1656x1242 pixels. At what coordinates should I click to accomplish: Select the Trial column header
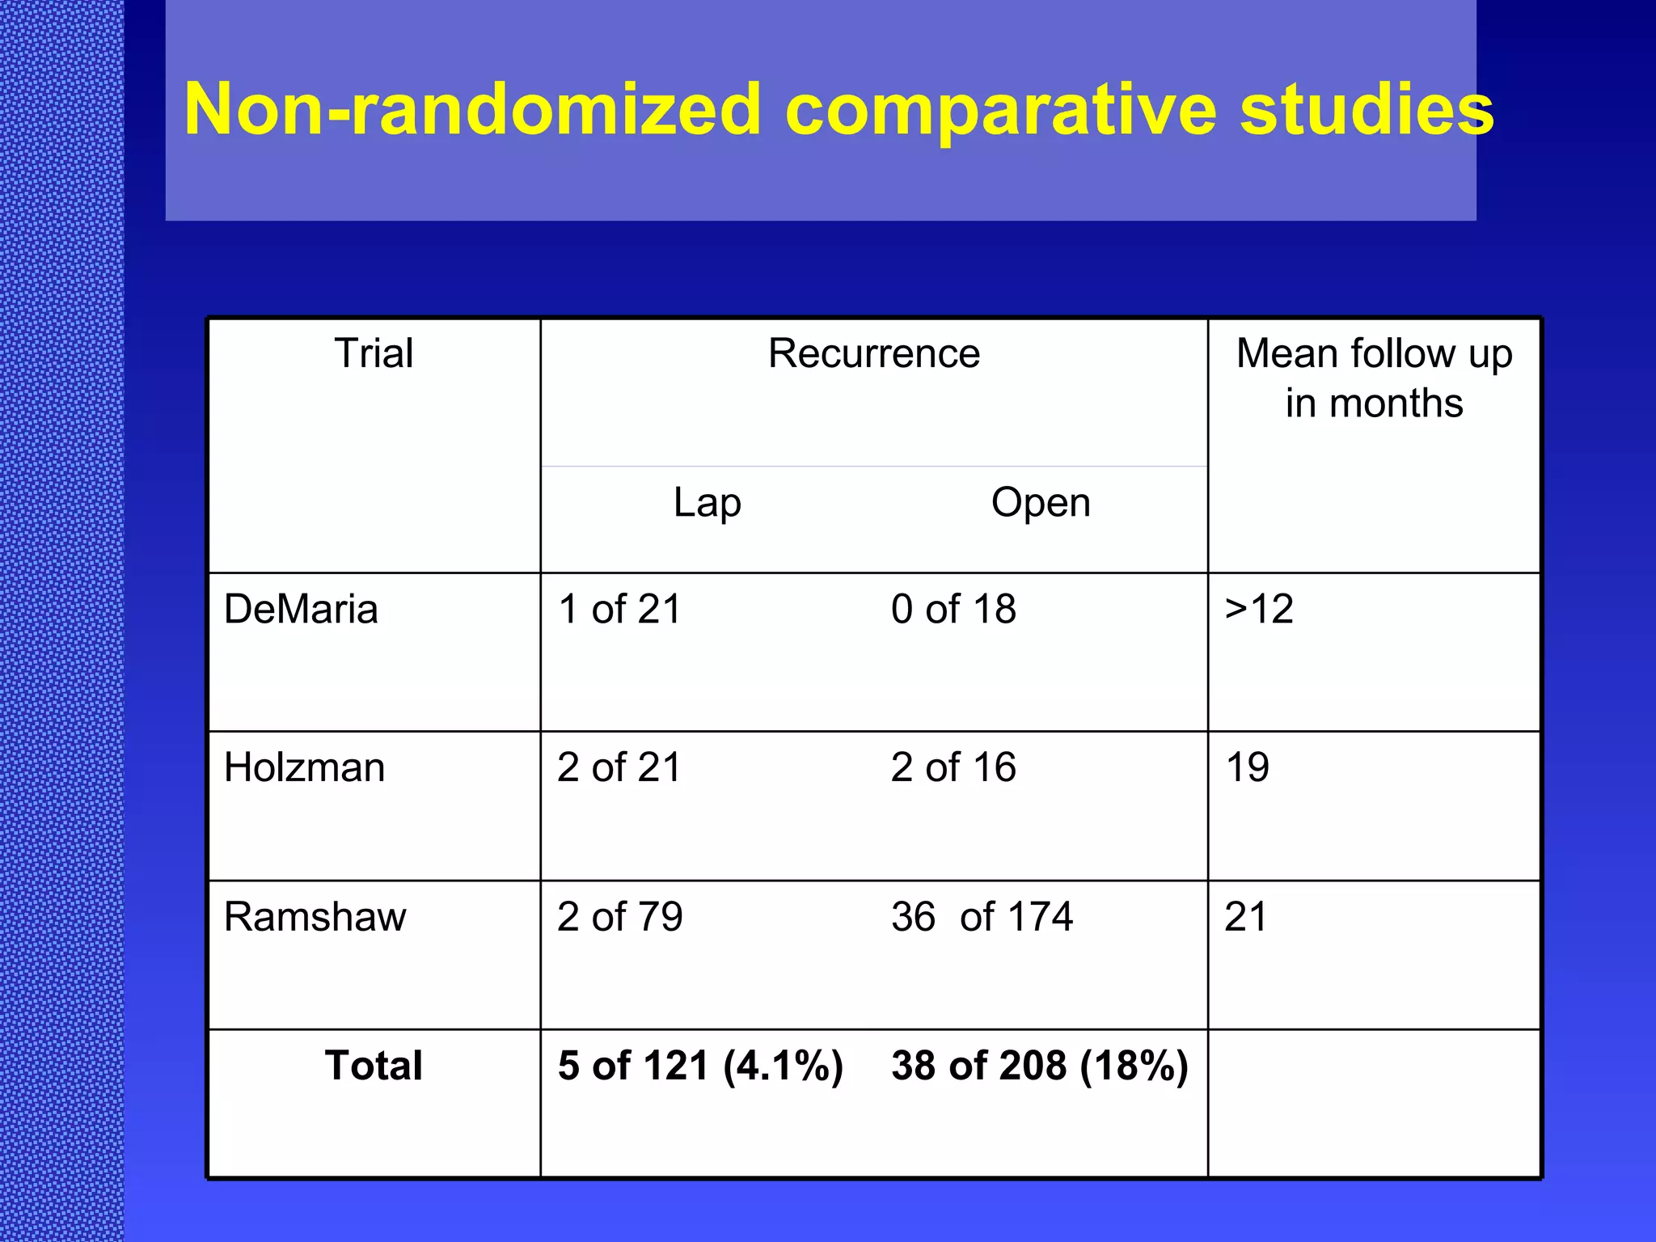(374, 353)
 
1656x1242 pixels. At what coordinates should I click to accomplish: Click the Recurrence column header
(874, 353)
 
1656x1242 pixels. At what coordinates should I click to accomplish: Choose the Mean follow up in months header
(1374, 378)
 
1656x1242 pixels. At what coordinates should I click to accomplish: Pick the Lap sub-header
(708, 503)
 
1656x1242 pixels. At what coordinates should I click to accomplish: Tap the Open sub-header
(1041, 503)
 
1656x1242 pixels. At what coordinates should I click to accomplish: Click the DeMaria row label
(301, 609)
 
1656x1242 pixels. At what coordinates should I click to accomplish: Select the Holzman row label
(305, 767)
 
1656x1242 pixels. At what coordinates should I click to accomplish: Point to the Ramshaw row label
(315, 917)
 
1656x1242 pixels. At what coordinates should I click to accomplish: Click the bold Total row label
(374, 1066)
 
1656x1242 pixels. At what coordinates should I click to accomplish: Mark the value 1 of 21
(620, 609)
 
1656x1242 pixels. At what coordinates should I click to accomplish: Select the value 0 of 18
(954, 609)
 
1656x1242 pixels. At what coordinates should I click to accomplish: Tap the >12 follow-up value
(1259, 609)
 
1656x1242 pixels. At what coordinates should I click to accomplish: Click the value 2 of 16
(954, 767)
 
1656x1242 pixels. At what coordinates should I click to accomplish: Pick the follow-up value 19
(1247, 767)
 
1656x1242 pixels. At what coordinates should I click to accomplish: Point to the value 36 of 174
(982, 917)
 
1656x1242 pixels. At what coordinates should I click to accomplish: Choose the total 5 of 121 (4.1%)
(701, 1066)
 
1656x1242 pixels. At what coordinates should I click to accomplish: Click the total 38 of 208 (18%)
(1040, 1066)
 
